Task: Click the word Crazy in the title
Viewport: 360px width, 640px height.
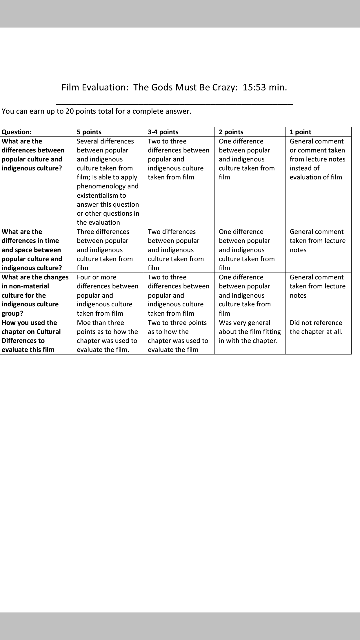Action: click(225, 88)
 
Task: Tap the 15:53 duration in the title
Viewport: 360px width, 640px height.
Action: click(254, 88)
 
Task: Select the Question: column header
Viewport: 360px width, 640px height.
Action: click(17, 132)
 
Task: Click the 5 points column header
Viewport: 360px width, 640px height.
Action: click(89, 132)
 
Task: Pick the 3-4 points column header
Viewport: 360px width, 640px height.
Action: click(163, 132)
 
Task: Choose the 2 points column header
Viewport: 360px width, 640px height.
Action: click(231, 132)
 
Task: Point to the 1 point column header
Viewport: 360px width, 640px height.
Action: click(300, 132)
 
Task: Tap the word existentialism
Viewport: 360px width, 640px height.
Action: click(101, 195)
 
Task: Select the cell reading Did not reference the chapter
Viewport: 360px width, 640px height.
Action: click(316, 327)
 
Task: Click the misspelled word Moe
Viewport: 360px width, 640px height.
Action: click(83, 323)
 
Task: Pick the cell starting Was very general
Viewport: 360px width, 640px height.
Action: click(250, 332)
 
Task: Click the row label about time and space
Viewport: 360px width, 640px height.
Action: click(32, 250)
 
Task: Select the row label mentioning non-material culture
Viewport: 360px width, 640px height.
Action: click(35, 295)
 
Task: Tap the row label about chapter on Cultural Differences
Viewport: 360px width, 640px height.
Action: click(31, 336)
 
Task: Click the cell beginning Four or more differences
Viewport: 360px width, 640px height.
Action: click(107, 295)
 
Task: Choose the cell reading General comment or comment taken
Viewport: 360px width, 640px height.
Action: click(317, 159)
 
